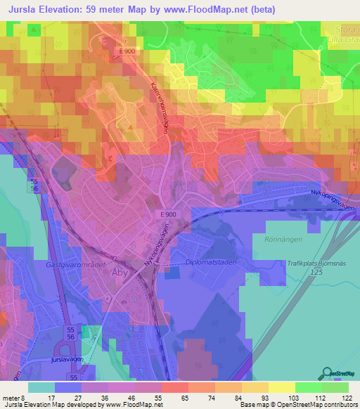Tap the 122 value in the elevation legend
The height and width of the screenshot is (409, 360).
pyautogui.click(x=347, y=397)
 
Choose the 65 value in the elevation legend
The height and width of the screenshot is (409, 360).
pyautogui.click(x=184, y=397)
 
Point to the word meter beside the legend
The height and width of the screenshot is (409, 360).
pyautogui.click(x=10, y=397)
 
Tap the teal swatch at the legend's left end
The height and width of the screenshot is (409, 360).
pyautogui.click(x=41, y=387)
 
